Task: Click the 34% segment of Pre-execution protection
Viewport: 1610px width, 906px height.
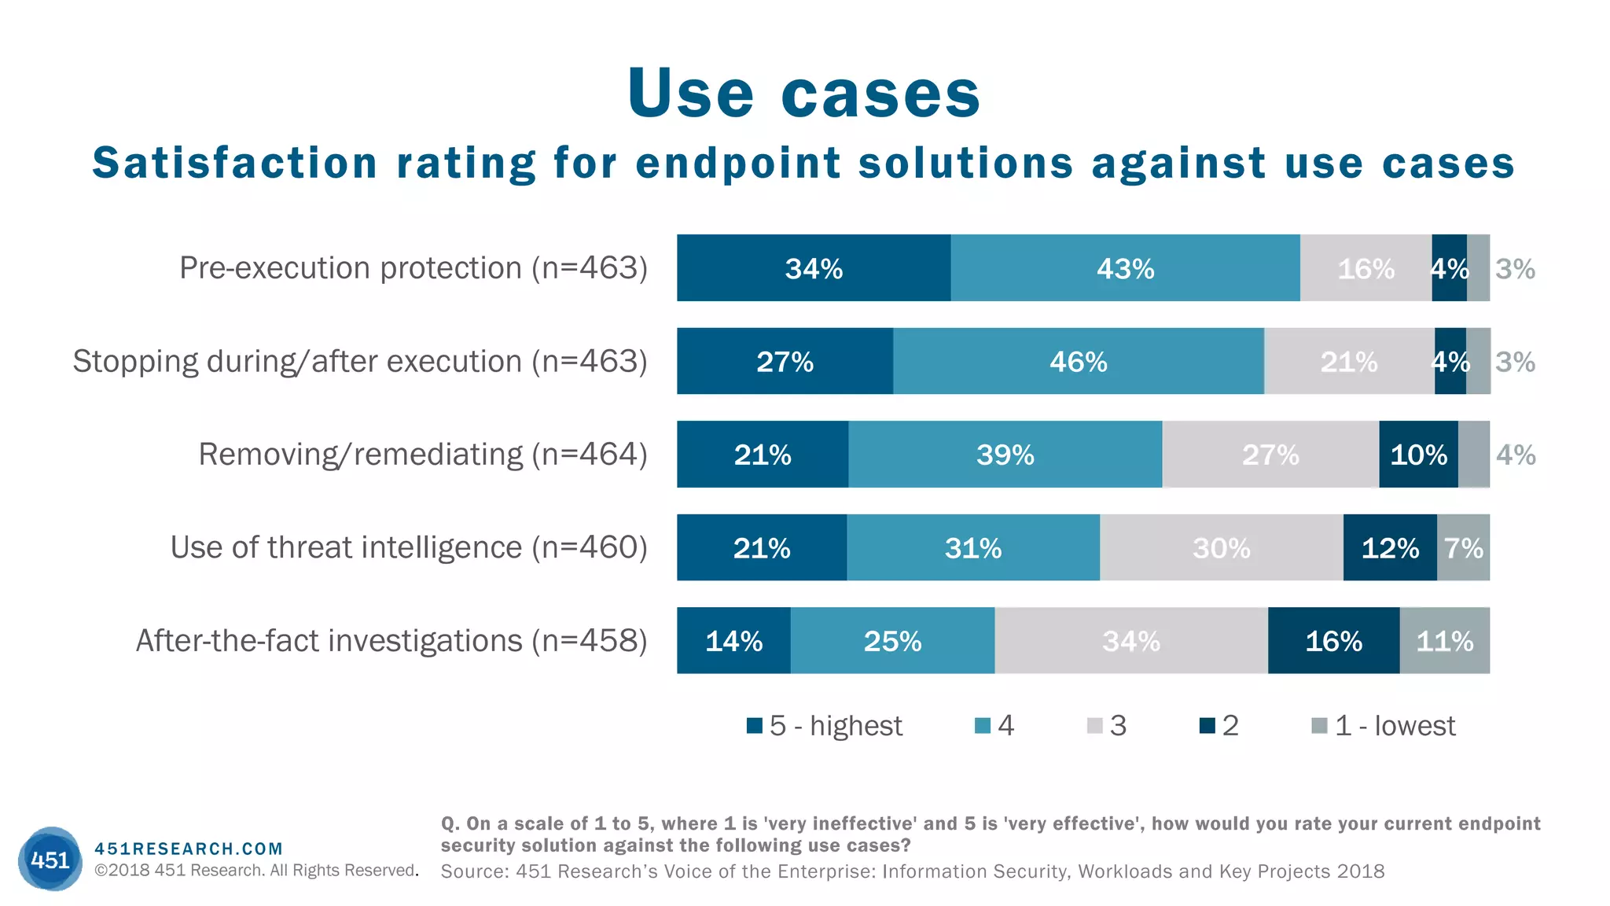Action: (814, 268)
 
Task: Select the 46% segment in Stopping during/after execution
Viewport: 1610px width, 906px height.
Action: (1078, 362)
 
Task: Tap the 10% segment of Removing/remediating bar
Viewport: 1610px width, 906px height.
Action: (1418, 455)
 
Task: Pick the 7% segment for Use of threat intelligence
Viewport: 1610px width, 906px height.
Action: (1463, 548)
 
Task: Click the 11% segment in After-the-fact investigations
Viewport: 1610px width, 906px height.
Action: (1444, 641)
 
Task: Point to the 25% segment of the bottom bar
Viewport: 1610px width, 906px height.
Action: (892, 641)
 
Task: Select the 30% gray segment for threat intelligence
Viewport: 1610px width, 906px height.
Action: (1221, 548)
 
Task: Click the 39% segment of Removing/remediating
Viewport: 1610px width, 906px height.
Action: (1005, 455)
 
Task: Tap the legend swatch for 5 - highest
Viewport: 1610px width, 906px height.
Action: (755, 726)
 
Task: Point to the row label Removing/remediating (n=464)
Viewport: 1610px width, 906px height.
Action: (422, 455)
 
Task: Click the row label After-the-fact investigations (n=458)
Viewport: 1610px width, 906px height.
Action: (391, 641)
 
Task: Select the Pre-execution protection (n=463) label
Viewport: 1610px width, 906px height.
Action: (413, 268)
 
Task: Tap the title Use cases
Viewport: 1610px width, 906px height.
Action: (803, 94)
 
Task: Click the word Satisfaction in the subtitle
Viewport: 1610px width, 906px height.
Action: (234, 164)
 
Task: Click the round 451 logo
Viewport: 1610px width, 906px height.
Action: (50, 859)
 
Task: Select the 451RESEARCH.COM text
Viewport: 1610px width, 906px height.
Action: (188, 849)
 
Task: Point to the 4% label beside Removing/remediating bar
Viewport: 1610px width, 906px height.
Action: (1515, 455)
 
